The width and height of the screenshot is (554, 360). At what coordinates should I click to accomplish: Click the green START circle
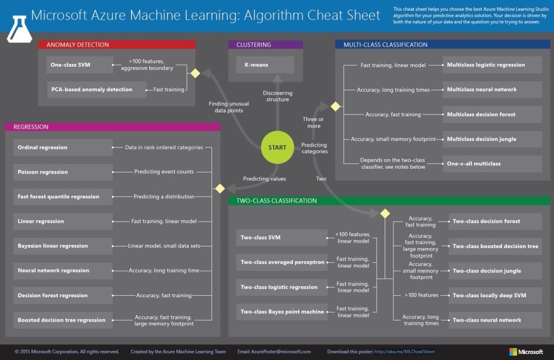[x=277, y=148]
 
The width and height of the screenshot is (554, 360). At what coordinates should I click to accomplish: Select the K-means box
[x=265, y=65]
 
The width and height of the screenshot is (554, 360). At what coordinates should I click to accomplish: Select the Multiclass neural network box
[x=492, y=90]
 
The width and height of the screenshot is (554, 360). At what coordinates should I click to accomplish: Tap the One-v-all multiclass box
[x=492, y=163]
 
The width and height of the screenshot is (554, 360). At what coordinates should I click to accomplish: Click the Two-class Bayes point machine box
[x=281, y=312]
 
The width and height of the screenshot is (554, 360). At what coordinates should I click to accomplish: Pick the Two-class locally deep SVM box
[x=495, y=295]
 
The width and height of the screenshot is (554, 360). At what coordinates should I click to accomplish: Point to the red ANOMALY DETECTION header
[x=116, y=45]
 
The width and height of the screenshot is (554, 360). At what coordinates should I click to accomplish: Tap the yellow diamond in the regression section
[x=220, y=189]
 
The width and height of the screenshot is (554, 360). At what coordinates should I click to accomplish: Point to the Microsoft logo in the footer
[x=526, y=352]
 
